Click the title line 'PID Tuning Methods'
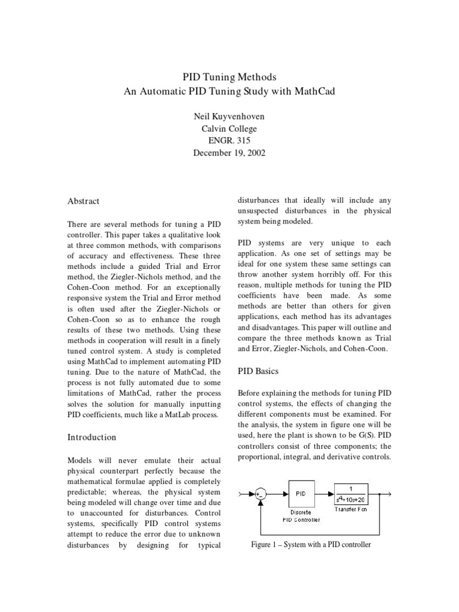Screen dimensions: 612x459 tap(229, 78)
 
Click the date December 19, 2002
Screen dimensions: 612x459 tap(229, 153)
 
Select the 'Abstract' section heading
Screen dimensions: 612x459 tap(83, 201)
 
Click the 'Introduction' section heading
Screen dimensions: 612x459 tap(91, 437)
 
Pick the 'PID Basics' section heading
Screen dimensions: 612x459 tap(258, 371)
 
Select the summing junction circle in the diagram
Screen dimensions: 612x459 tap(260, 494)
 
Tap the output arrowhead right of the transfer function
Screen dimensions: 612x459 tap(389, 494)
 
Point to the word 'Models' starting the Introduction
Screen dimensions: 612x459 tap(80, 460)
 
